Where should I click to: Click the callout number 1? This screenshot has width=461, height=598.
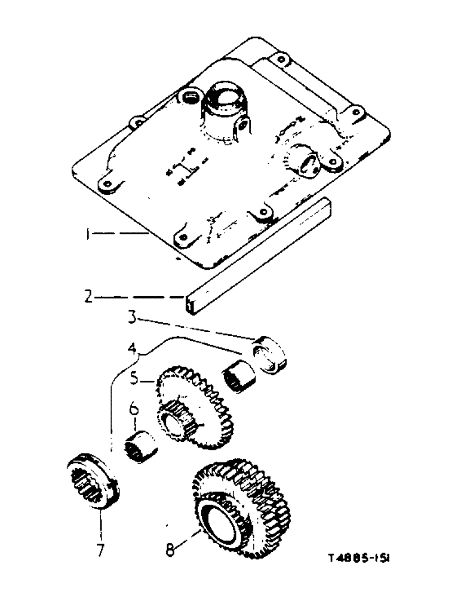(x=88, y=236)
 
